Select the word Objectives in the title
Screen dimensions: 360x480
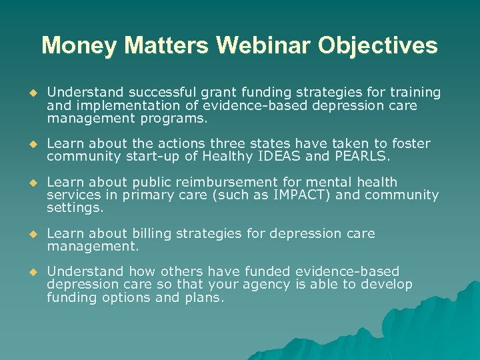click(x=377, y=46)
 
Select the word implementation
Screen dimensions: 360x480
click(x=122, y=106)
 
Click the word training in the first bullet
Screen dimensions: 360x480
click(x=415, y=93)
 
